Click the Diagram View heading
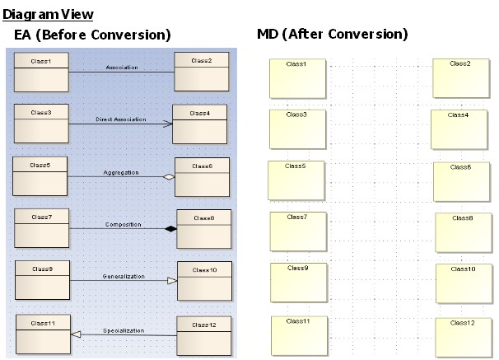click(x=48, y=14)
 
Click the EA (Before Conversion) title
click(x=92, y=35)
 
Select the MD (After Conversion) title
click(x=332, y=35)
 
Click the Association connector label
click(x=122, y=67)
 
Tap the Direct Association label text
click(x=120, y=119)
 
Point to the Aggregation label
click(x=121, y=173)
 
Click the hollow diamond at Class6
click(x=169, y=176)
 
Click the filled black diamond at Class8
click(x=170, y=228)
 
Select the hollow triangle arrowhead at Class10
click(x=172, y=281)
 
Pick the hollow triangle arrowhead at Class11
click(x=75, y=334)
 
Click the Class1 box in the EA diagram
click(x=40, y=72)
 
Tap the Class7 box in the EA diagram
click(x=40, y=228)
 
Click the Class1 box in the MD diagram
click(x=297, y=78)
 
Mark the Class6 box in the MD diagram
click(x=460, y=181)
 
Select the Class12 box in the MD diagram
click(x=463, y=335)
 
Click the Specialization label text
click(x=124, y=330)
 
